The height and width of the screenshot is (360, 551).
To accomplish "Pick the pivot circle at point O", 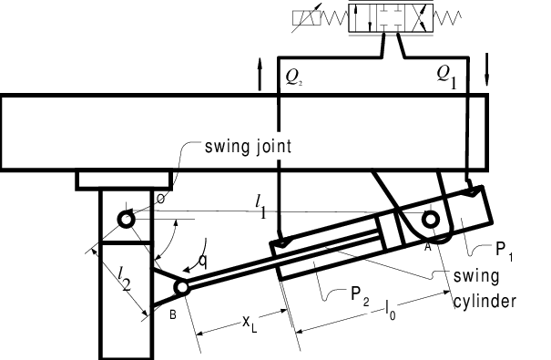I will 126,219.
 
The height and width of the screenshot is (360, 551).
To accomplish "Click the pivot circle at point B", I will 182,287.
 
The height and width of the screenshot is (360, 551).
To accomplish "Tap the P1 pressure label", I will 516,254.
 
